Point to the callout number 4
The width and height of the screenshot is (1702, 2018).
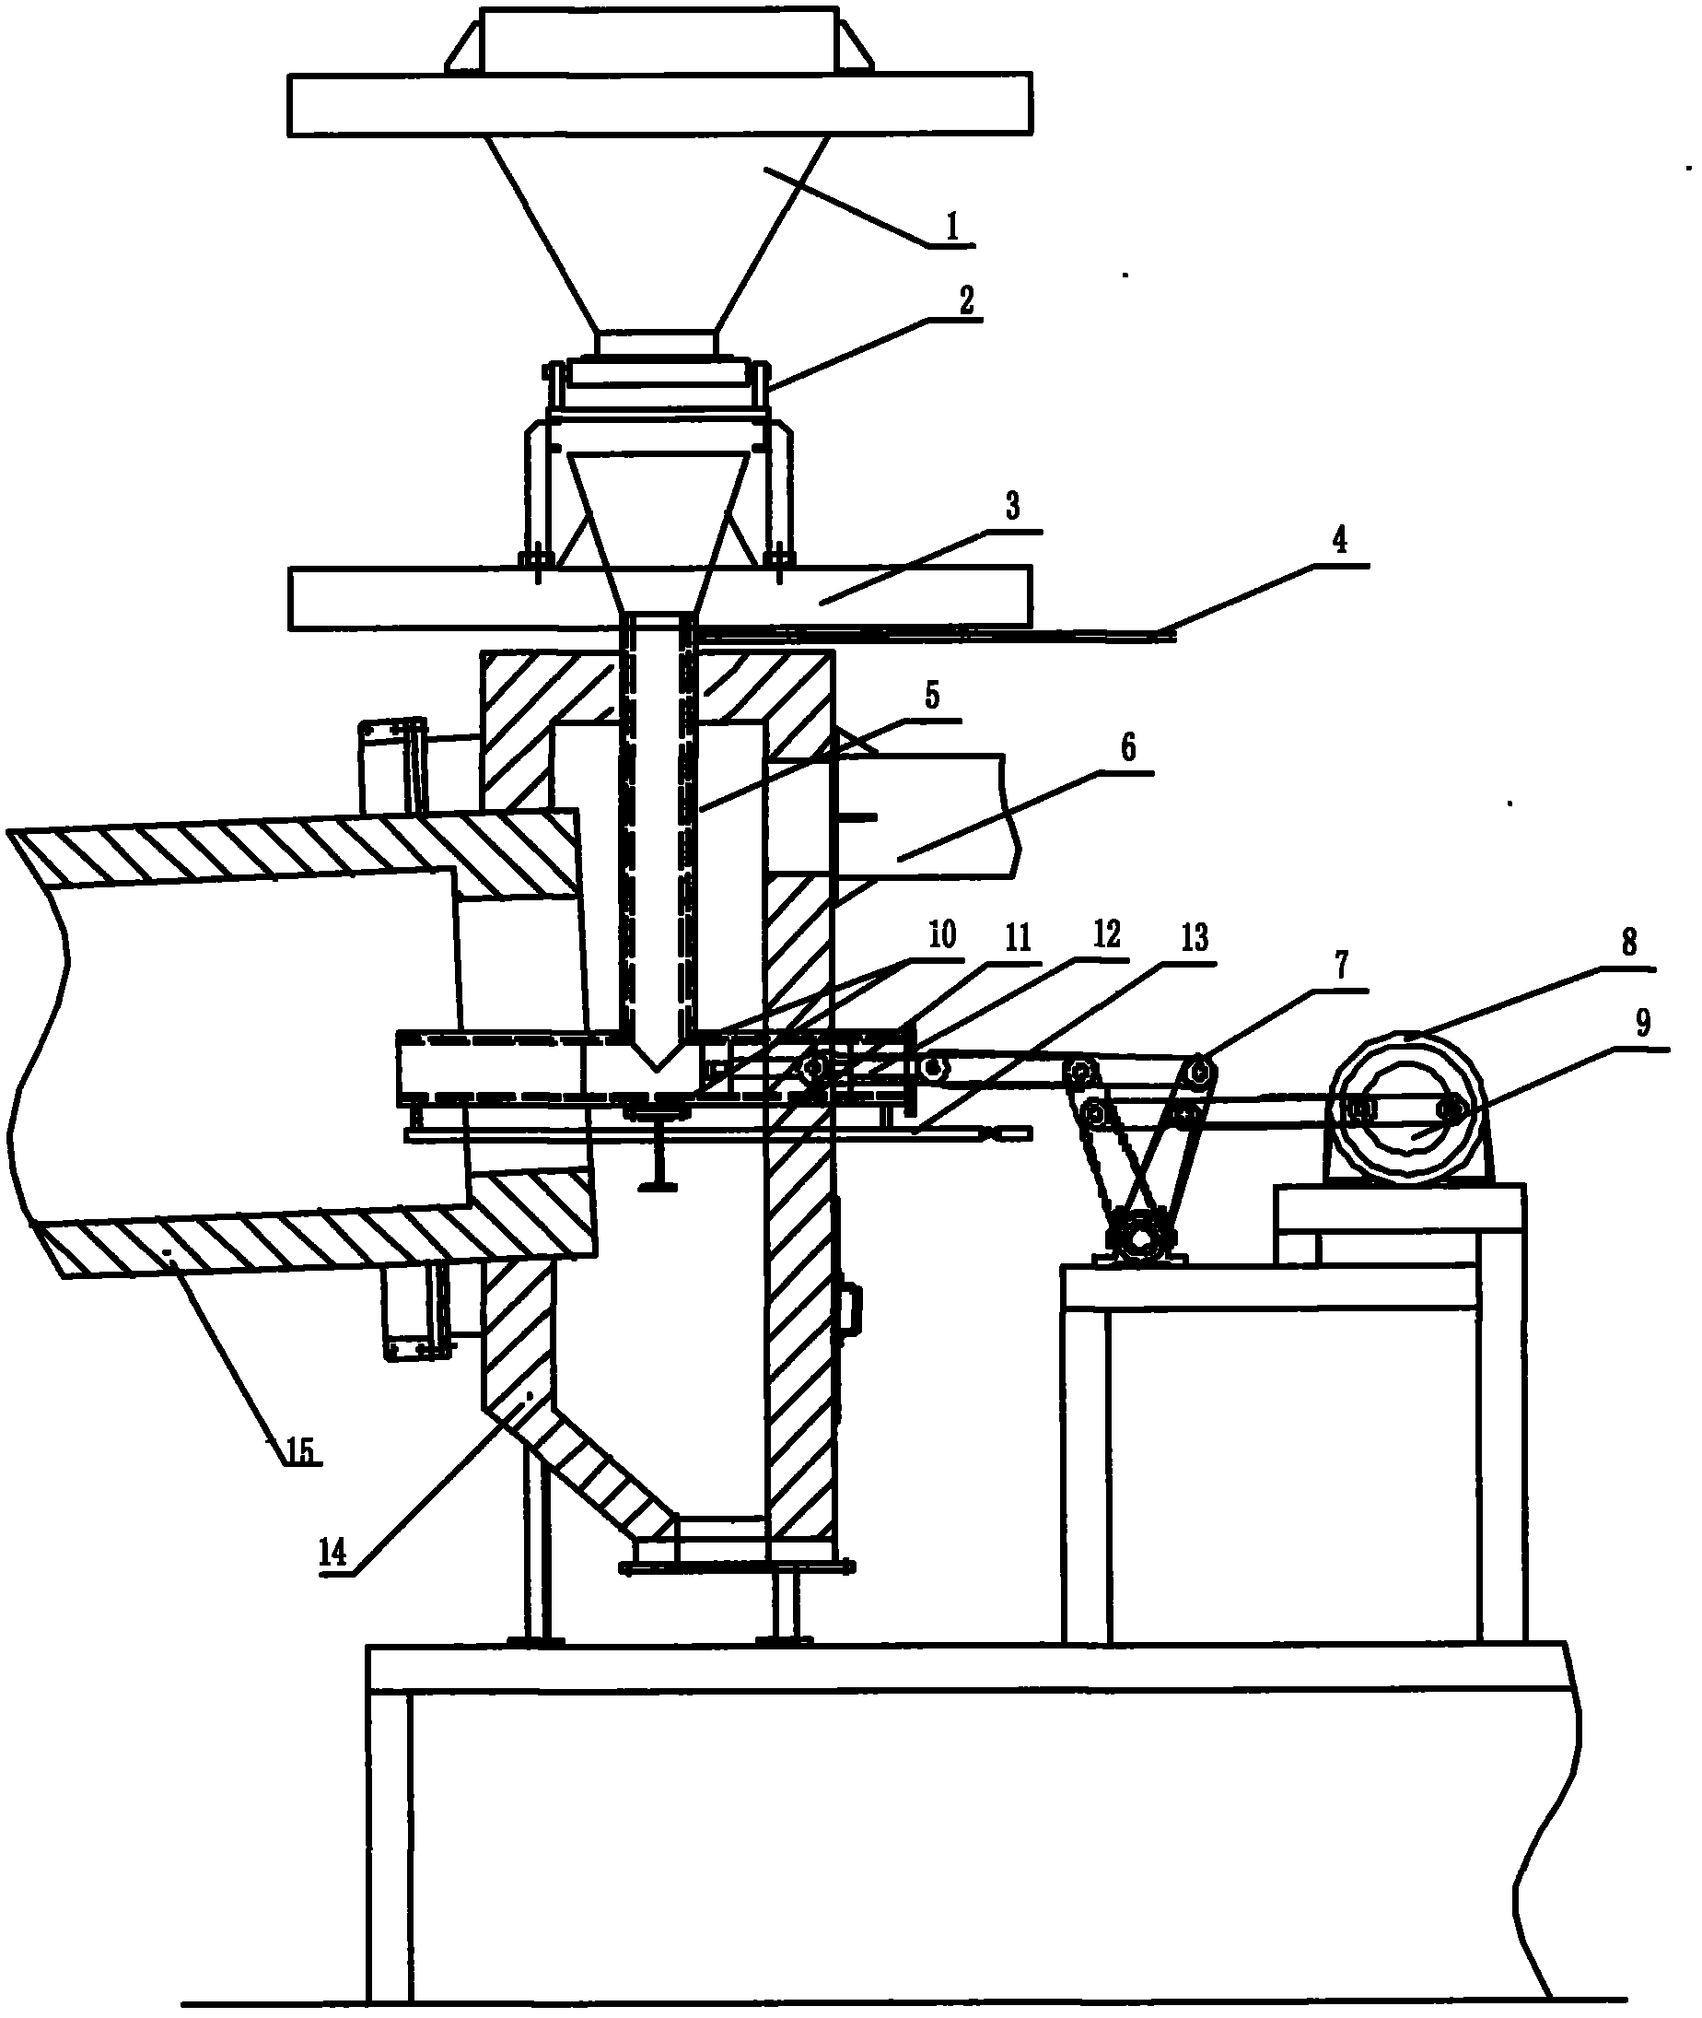(x=1339, y=542)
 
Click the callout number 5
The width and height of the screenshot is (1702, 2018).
(x=931, y=696)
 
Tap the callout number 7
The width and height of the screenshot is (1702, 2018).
(x=1341, y=964)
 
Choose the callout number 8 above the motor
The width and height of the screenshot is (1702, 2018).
(x=1628, y=943)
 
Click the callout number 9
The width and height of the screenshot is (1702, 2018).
(x=1643, y=1021)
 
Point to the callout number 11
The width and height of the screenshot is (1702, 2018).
(x=1018, y=937)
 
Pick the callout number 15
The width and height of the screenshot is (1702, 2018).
(x=299, y=1450)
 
